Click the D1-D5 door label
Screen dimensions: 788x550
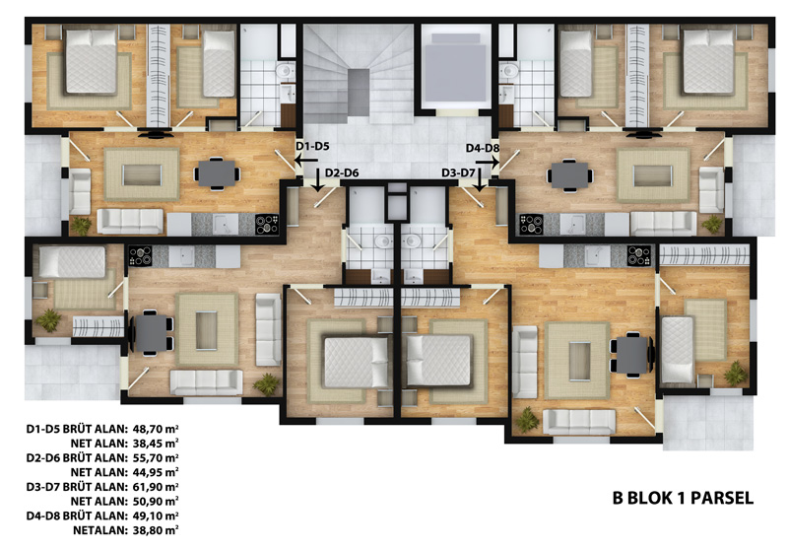pyautogui.click(x=312, y=146)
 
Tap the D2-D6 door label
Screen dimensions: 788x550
pyautogui.click(x=342, y=172)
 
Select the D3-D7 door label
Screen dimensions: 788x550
pyautogui.click(x=458, y=172)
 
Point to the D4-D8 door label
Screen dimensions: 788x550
pyautogui.click(x=483, y=148)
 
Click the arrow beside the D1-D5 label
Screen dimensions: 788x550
pyautogui.click(x=305, y=161)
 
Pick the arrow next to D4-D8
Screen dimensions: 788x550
pyautogui.click(x=487, y=162)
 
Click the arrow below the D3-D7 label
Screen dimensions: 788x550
pyautogui.click(x=480, y=180)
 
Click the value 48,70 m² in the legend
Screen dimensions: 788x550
pyautogui.click(x=156, y=429)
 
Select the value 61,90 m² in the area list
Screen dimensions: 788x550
pyautogui.click(x=156, y=487)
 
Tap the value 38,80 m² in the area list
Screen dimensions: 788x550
pyautogui.click(x=156, y=530)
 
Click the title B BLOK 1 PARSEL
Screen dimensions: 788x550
pyautogui.click(x=683, y=498)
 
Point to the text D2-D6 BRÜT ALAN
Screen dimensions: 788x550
pyautogui.click(x=77, y=458)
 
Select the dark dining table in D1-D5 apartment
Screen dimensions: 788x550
pyautogui.click(x=217, y=173)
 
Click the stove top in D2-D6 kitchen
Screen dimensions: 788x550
pyautogui.click(x=140, y=256)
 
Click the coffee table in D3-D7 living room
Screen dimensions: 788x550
pyautogui.click(x=579, y=361)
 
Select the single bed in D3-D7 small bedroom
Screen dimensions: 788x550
pyautogui.click(x=678, y=349)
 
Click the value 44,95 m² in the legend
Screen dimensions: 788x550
pyautogui.click(x=156, y=472)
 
